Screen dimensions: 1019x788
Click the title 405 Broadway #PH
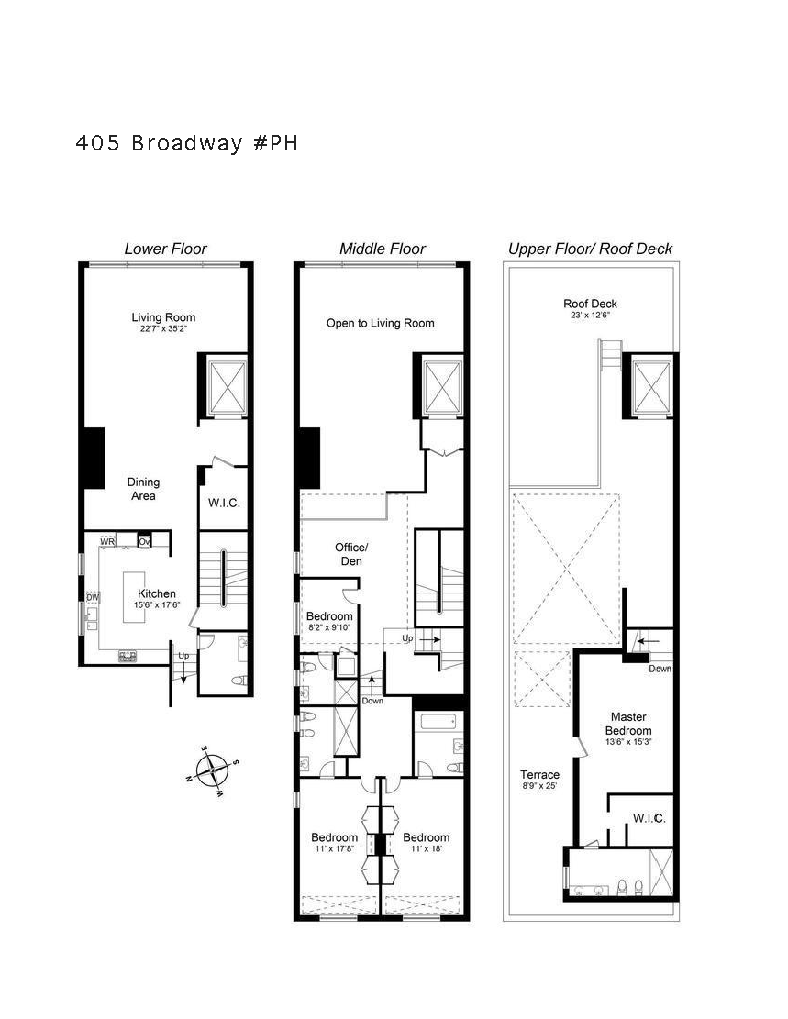click(x=187, y=144)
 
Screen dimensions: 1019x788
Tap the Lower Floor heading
click(x=165, y=249)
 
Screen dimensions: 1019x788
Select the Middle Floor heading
click(x=383, y=249)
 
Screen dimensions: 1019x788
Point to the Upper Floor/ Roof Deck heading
click(x=590, y=249)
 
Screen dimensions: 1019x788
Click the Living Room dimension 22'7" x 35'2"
click(x=163, y=328)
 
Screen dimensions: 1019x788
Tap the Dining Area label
click(x=143, y=489)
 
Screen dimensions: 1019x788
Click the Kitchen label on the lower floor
click(x=156, y=593)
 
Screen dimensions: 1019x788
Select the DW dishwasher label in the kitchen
click(x=92, y=597)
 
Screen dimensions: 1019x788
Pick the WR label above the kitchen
click(x=107, y=542)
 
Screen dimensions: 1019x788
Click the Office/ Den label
click(x=350, y=554)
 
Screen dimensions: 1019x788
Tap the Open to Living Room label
click(x=380, y=323)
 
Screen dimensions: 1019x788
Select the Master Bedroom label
click(x=629, y=724)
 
